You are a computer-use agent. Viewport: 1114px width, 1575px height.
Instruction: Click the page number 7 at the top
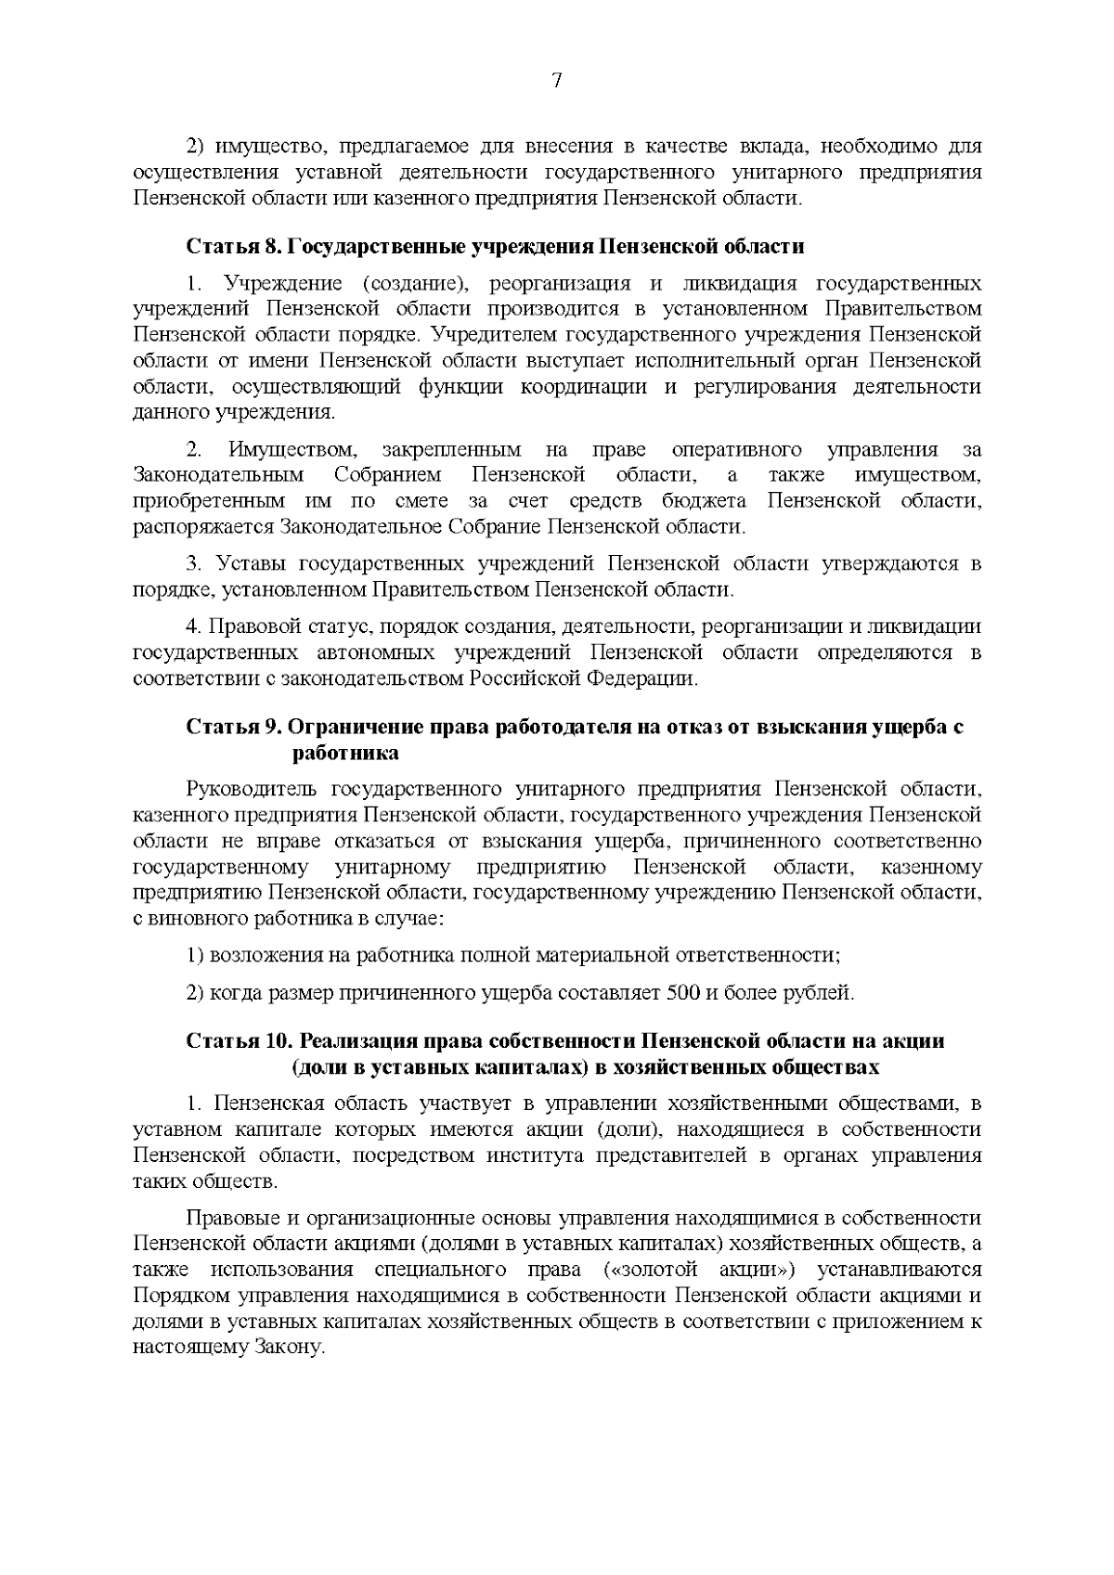556,81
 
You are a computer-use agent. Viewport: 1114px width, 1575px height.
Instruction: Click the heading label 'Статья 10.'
240,1040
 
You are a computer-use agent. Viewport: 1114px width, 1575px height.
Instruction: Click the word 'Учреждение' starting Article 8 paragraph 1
283,283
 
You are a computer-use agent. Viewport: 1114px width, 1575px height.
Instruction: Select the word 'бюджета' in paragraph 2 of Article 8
711,502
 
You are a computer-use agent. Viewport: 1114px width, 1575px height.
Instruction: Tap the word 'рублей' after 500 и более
820,993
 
